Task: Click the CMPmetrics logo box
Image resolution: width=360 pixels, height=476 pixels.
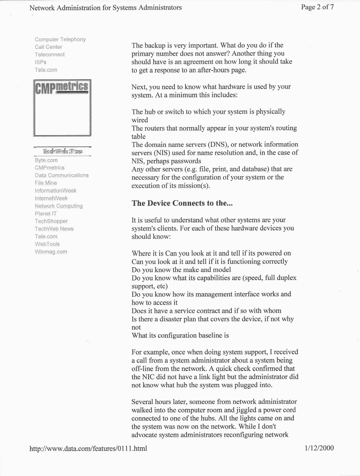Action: coord(62,108)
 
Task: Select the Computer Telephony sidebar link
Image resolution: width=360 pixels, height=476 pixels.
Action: coord(60,39)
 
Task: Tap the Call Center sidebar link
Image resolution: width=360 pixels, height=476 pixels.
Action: coord(48,47)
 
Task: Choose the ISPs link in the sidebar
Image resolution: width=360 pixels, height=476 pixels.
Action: coord(41,62)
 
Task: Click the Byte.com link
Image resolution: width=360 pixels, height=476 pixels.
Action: coord(46,160)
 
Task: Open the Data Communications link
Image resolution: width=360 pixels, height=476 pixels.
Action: coord(62,175)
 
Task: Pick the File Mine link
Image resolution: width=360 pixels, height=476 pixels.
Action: coord(46,183)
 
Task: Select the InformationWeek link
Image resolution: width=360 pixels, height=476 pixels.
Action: coord(55,191)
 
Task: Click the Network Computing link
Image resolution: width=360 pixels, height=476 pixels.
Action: coord(59,206)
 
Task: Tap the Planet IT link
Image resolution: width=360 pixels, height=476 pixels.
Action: coord(46,213)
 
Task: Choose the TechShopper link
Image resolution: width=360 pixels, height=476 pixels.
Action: coord(51,221)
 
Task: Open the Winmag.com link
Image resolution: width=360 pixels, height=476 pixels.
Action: coord(51,252)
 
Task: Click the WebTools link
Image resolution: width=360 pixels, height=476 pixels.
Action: coord(47,244)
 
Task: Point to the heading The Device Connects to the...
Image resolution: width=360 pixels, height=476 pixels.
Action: coord(182,203)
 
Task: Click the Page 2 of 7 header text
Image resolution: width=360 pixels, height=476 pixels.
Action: coord(317,7)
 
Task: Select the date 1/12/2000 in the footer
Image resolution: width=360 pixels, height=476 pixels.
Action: coord(319,448)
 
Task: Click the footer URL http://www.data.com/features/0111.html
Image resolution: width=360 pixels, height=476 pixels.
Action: coord(88,448)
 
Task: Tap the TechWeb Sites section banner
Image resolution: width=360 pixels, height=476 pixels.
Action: coord(62,151)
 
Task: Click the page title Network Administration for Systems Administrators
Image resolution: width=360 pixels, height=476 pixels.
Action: coord(106,8)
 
